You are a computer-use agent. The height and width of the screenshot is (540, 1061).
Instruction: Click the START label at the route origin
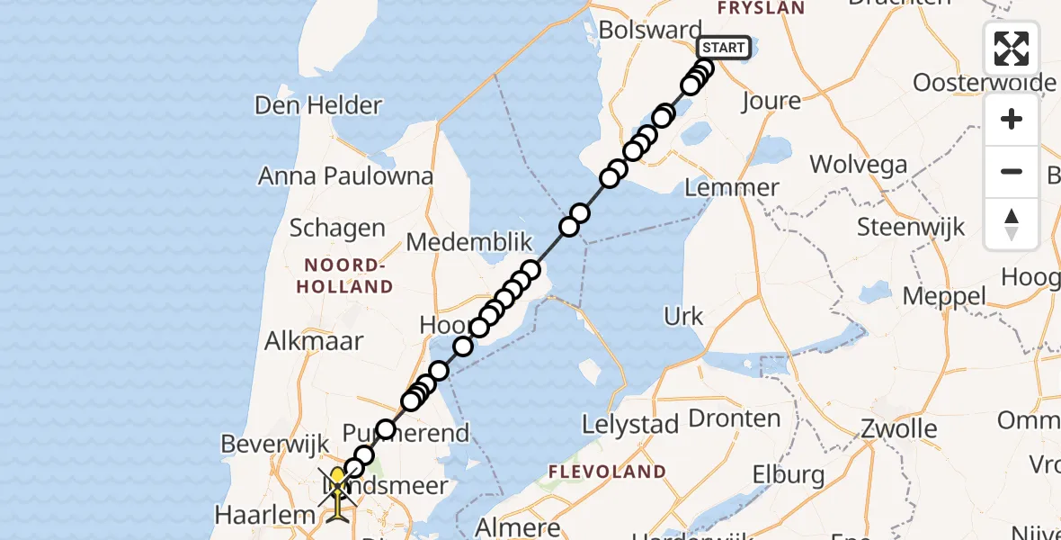[x=723, y=48]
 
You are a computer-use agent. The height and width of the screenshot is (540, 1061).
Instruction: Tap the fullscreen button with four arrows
[x=1012, y=49]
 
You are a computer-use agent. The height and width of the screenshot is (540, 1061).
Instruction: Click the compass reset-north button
[x=1012, y=224]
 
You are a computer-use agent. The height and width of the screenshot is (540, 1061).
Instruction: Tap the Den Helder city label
[x=318, y=105]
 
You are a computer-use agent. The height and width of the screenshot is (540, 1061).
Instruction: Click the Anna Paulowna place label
[x=346, y=175]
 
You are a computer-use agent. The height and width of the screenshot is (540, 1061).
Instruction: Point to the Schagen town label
[x=337, y=229]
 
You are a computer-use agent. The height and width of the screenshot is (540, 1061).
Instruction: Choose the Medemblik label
[x=469, y=242]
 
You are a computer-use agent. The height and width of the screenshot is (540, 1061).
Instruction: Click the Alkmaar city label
[x=314, y=341]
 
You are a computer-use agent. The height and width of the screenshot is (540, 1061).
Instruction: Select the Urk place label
[x=683, y=317]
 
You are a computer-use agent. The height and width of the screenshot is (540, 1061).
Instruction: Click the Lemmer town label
[x=731, y=188]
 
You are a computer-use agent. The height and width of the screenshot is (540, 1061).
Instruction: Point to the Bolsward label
[x=649, y=30]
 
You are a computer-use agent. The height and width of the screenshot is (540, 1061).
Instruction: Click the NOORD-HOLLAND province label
[x=349, y=276]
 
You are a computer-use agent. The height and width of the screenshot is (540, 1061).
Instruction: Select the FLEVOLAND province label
[x=608, y=472]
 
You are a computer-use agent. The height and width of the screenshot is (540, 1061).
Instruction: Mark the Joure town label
[x=771, y=101]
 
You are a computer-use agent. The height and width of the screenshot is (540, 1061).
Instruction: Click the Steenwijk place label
[x=911, y=226]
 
